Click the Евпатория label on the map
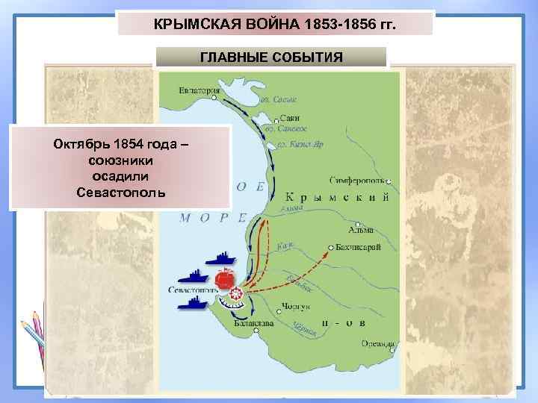[x=200, y=91]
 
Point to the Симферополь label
[x=357, y=180]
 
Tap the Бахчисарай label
[x=360, y=246]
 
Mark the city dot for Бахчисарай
[x=330, y=246]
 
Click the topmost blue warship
[x=222, y=259]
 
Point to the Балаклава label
[x=253, y=325]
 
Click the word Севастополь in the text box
[x=122, y=193]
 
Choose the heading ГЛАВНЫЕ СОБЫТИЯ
[x=271, y=57]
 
